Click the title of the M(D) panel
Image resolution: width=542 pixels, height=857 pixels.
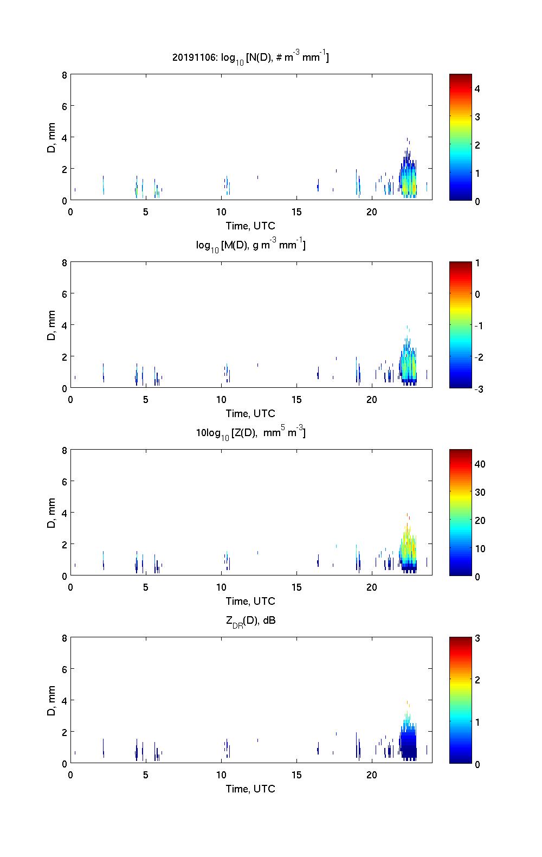point(250,245)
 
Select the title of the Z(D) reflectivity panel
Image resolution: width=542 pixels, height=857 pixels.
point(250,433)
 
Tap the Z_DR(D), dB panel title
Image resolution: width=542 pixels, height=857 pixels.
point(250,621)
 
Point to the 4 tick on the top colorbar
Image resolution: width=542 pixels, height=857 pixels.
point(478,88)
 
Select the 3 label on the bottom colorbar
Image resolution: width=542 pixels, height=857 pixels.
point(478,638)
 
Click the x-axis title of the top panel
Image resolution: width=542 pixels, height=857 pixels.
point(250,226)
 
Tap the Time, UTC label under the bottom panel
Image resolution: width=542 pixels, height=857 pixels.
point(250,789)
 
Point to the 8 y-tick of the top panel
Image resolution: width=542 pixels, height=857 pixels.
point(64,75)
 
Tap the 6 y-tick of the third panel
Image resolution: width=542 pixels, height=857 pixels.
point(64,481)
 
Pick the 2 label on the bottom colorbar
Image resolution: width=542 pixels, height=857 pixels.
point(478,680)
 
